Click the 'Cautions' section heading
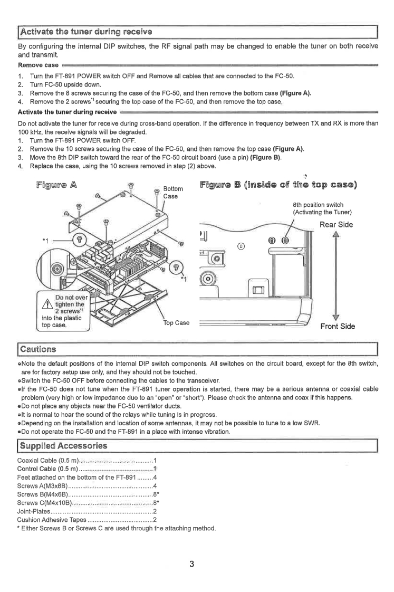[x=38, y=348]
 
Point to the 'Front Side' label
[x=338, y=326]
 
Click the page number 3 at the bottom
[x=193, y=564]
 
